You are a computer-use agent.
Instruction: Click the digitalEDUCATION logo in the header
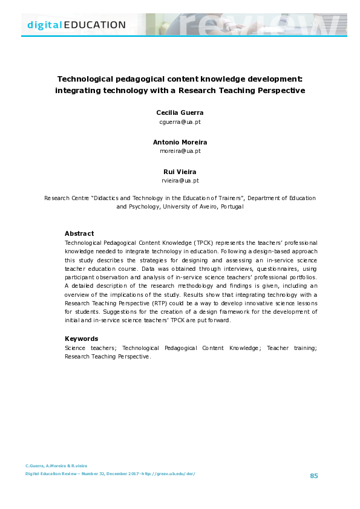pyautogui.click(x=76, y=25)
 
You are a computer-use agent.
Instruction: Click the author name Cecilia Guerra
pyautogui.click(x=180, y=113)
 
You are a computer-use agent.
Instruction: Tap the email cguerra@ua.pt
pyautogui.click(x=180, y=122)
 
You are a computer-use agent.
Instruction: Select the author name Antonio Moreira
pyautogui.click(x=180, y=142)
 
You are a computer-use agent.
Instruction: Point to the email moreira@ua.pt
pyautogui.click(x=180, y=151)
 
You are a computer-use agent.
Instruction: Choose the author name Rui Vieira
pyautogui.click(x=180, y=172)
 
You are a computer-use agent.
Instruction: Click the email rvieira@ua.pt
pyautogui.click(x=180, y=180)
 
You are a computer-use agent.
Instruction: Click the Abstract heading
pyautogui.click(x=79, y=233)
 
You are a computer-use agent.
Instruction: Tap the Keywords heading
pyautogui.click(x=81, y=339)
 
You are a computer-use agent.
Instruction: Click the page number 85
pyautogui.click(x=313, y=476)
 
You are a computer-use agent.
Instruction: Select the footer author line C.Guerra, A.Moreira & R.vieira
pyautogui.click(x=56, y=465)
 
